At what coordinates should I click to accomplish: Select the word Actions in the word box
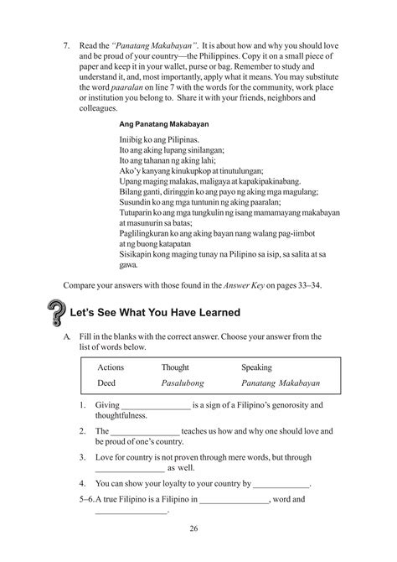click(111, 367)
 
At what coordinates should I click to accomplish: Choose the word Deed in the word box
click(106, 382)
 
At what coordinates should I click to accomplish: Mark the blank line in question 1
click(155, 408)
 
